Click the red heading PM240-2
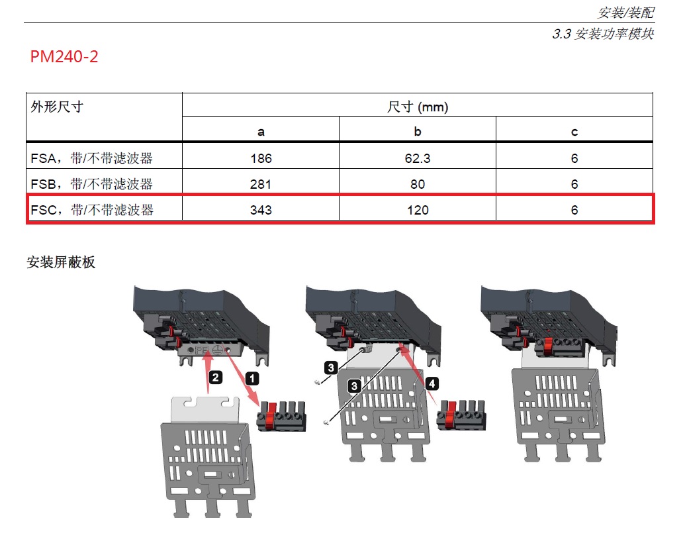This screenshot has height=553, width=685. (x=64, y=57)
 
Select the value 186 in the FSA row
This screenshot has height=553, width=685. (x=261, y=159)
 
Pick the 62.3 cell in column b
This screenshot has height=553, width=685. (x=418, y=159)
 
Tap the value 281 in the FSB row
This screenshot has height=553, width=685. (x=261, y=184)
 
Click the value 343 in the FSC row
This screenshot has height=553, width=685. (x=261, y=210)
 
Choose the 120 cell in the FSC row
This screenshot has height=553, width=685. (x=418, y=210)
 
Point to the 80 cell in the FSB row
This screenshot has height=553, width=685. (x=418, y=184)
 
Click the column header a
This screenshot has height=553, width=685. (x=261, y=132)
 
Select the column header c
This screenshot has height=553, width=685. (x=574, y=132)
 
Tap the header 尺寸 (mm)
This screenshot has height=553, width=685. (x=418, y=107)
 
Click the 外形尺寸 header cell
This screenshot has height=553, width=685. (x=57, y=107)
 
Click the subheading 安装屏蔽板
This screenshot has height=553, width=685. (x=61, y=262)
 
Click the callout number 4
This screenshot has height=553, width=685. (x=432, y=383)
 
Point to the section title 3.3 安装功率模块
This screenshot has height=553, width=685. (x=602, y=34)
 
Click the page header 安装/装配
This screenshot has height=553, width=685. (x=625, y=13)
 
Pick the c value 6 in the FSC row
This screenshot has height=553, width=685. (x=574, y=210)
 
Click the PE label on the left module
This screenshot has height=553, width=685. (x=201, y=347)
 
